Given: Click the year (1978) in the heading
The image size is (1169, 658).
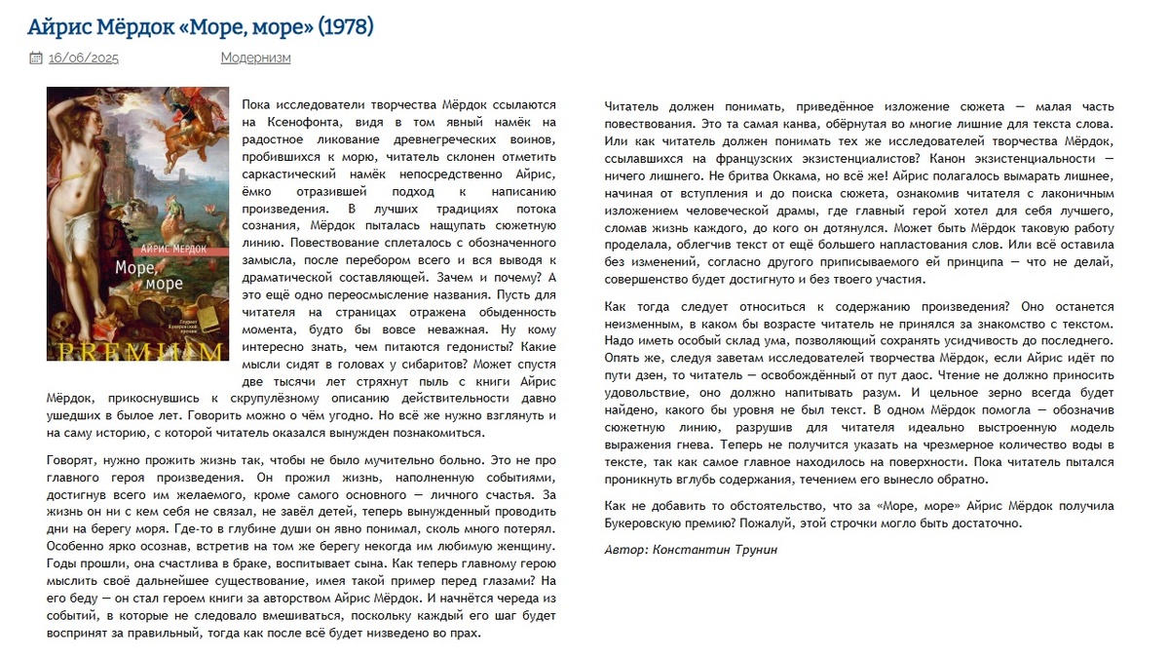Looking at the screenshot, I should click(x=345, y=26).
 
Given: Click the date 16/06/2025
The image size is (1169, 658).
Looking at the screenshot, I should click(x=84, y=58).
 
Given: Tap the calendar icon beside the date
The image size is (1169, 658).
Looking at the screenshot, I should click(x=36, y=58).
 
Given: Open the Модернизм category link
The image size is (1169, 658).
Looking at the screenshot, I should click(x=255, y=58).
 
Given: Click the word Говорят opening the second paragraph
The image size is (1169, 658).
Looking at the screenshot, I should click(x=74, y=460).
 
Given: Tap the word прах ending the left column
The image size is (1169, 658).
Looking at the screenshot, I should click(x=466, y=633).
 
